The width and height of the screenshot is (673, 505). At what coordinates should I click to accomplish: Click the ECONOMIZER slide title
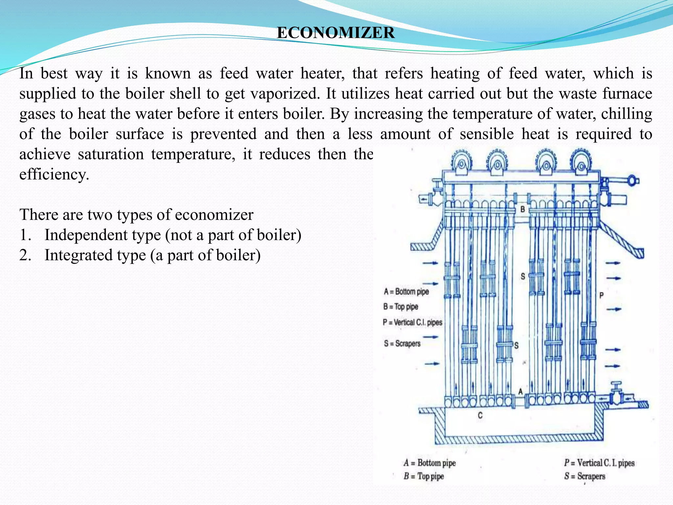(336, 33)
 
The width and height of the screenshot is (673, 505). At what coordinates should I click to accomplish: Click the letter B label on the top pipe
(522, 209)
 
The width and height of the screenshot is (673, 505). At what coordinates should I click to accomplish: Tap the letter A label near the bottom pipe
(521, 391)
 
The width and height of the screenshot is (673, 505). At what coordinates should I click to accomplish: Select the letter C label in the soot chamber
(480, 415)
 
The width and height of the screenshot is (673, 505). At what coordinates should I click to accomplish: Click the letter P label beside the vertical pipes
(601, 295)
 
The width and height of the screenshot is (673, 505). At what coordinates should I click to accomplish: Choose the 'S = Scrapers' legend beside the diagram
(402, 344)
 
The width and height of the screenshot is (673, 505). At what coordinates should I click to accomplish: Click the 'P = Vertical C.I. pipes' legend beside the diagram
(413, 322)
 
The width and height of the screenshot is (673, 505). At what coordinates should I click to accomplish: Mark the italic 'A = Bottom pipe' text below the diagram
(430, 463)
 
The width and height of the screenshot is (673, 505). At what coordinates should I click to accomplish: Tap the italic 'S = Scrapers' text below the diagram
(585, 476)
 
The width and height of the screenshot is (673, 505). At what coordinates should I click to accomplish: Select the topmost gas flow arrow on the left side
(430, 263)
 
